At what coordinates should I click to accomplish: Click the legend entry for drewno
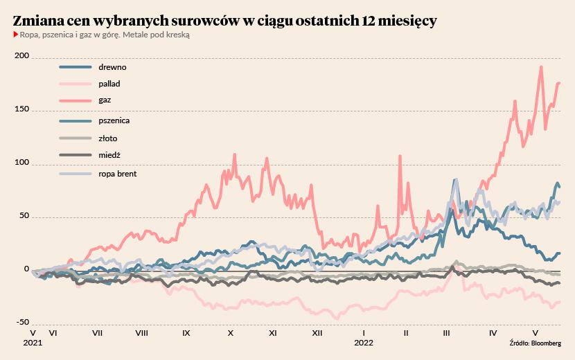coord(112,67)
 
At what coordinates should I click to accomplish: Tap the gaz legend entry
coord(105,100)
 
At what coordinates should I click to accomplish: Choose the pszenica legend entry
coord(114,120)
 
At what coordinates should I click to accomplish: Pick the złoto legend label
coord(109,138)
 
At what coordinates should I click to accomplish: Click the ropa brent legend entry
coord(117,174)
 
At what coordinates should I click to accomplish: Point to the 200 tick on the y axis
coord(21,57)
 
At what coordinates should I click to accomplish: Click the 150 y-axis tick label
coord(21,110)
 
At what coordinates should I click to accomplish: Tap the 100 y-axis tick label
coord(21,163)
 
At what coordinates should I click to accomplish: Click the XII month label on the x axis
coord(317,333)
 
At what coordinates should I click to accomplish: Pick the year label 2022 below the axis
coord(364,342)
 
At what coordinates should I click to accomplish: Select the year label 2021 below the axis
coord(33,342)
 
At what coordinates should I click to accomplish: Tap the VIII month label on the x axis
coord(141,333)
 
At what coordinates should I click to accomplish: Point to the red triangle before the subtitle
coord(15,35)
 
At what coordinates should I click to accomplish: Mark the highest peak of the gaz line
coord(540,66)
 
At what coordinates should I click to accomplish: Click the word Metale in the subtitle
coord(124,35)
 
